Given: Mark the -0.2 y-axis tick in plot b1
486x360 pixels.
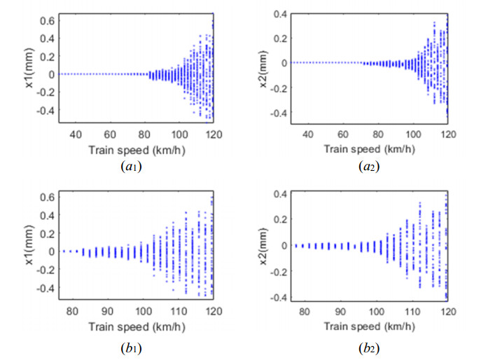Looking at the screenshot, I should tap(42, 270).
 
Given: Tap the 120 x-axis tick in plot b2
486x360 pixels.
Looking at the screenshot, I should tap(448, 312).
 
